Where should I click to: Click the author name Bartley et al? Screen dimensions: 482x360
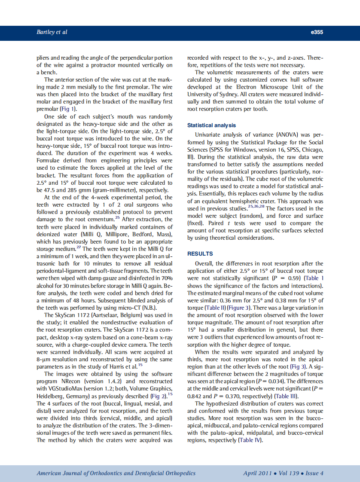(52, 32)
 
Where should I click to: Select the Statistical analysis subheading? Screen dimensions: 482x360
(211, 125)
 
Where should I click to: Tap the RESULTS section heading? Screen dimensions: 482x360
(200, 254)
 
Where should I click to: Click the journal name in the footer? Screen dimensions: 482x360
(116, 473)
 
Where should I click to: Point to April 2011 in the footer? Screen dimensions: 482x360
(257, 473)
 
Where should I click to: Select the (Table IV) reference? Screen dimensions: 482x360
(249, 440)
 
